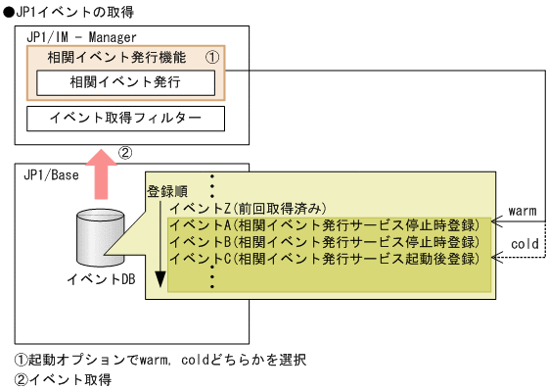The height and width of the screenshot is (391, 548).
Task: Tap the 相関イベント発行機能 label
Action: tap(102, 58)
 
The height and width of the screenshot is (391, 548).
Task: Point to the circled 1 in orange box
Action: tap(209, 59)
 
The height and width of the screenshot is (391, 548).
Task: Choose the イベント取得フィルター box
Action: tap(124, 120)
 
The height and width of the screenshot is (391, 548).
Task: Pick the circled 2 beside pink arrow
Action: tap(124, 153)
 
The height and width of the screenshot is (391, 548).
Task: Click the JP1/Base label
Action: tap(50, 173)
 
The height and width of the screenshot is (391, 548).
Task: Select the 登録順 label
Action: tap(167, 191)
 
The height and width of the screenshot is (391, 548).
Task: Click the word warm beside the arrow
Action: tap(523, 212)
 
